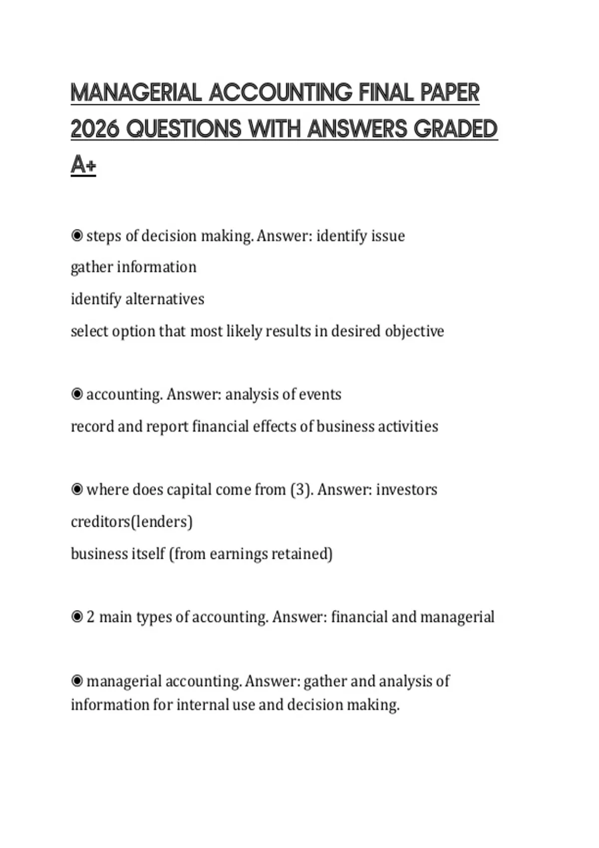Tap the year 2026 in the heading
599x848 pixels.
(x=95, y=129)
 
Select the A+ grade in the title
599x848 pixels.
(x=83, y=165)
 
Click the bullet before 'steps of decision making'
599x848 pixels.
(x=77, y=235)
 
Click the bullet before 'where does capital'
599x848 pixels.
(x=77, y=490)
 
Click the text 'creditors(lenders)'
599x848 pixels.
(x=132, y=522)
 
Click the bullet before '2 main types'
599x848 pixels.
(x=77, y=617)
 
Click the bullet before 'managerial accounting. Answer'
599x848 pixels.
(x=77, y=681)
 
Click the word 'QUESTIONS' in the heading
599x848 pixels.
(x=184, y=129)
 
